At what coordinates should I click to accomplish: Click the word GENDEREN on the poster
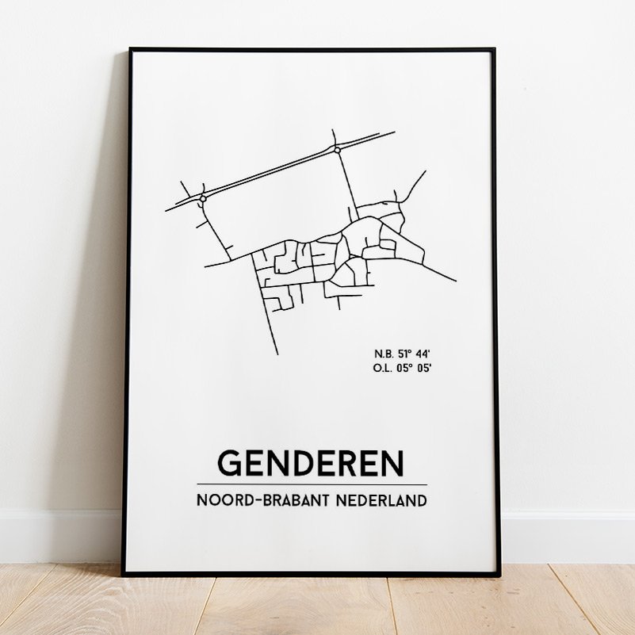click(311, 464)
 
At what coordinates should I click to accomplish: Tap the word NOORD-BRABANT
click(254, 500)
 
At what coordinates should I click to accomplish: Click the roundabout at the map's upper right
click(337, 149)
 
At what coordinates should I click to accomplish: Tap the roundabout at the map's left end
click(203, 198)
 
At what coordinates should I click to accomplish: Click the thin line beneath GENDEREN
click(311, 484)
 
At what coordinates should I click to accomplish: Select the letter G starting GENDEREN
click(229, 464)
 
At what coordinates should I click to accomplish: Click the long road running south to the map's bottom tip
click(270, 317)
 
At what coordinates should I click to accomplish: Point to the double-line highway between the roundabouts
click(270, 174)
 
